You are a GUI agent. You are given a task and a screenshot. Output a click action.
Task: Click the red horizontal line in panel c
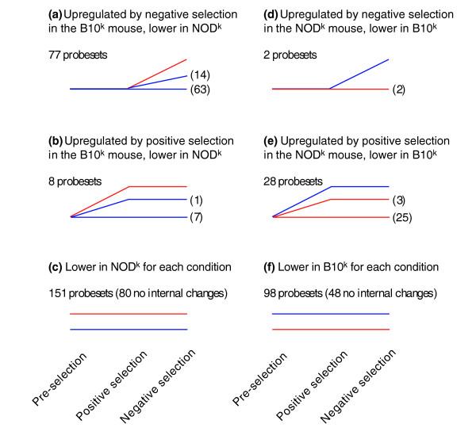point(129,314)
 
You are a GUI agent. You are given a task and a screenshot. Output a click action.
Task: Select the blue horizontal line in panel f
point(330,314)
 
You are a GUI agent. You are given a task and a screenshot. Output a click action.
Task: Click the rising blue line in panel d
point(359,74)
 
